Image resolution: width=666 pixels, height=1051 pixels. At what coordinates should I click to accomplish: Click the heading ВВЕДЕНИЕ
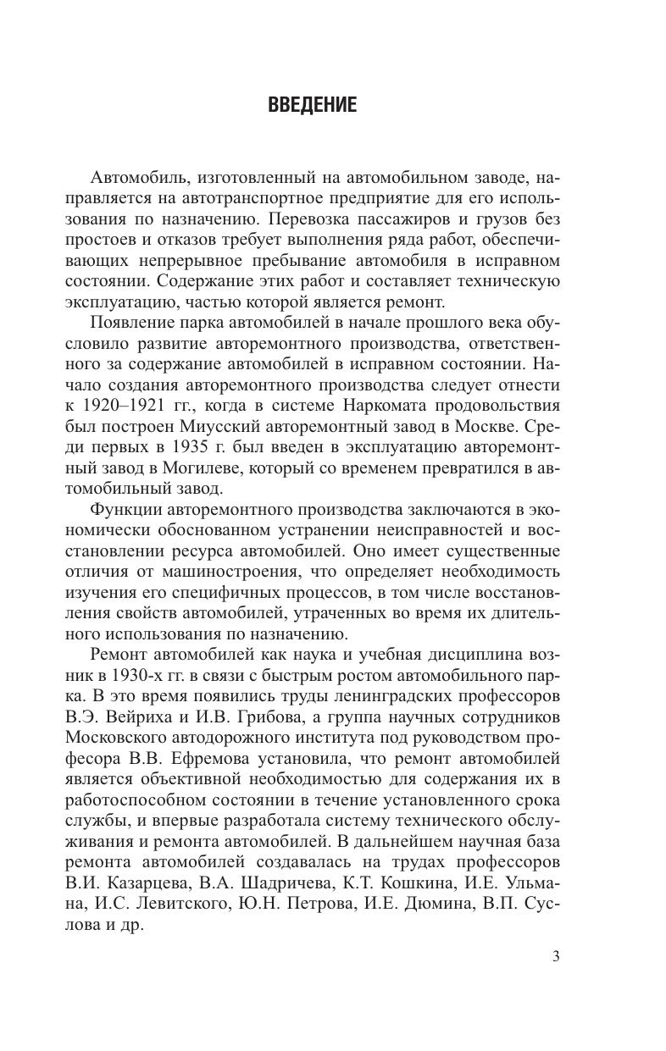312,106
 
